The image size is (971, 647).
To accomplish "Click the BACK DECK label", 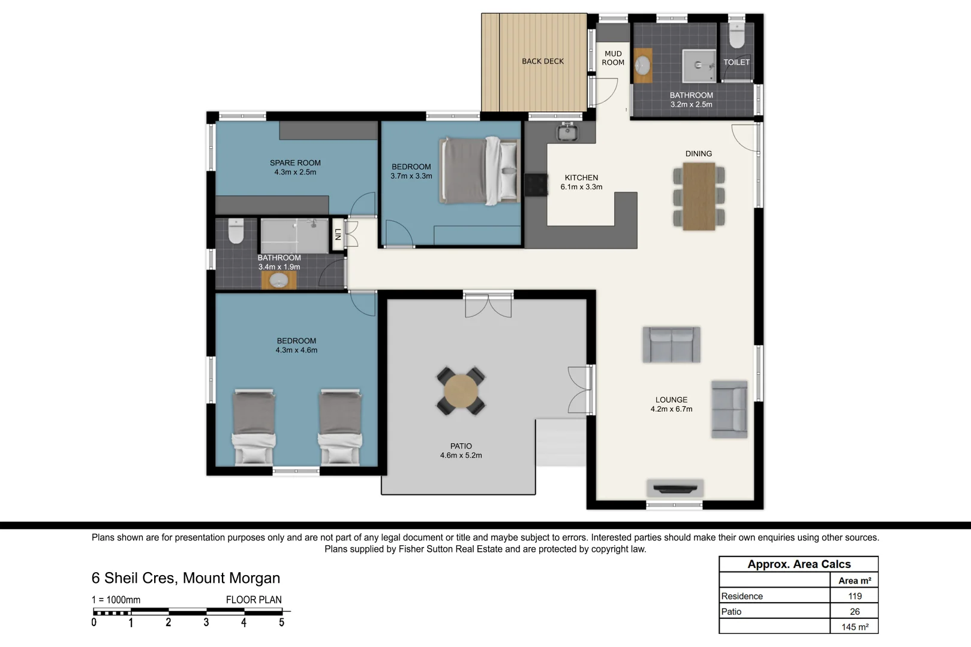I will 542,61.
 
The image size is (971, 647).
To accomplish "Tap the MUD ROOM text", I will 613,58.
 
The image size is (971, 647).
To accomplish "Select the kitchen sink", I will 567,131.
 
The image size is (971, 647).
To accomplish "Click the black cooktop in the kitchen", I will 536,185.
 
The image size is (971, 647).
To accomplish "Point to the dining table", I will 699,196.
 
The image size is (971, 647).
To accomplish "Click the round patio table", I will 461,391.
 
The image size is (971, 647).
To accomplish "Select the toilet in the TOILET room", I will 736,37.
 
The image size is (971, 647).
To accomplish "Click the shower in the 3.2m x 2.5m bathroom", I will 699,65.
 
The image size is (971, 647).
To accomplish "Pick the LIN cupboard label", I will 338,234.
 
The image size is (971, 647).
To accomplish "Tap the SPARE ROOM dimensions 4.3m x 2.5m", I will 295,172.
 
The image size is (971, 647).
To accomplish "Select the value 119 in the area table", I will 855,596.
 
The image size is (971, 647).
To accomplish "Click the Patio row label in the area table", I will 731,612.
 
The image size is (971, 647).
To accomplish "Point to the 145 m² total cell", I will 855,627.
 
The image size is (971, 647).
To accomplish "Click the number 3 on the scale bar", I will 206,622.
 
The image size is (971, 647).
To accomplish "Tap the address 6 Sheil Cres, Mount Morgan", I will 186,578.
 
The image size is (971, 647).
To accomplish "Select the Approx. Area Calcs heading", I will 799,564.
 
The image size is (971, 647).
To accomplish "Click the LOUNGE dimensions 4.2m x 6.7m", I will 671,409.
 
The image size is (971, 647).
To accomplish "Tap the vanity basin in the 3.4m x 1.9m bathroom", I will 278,280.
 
